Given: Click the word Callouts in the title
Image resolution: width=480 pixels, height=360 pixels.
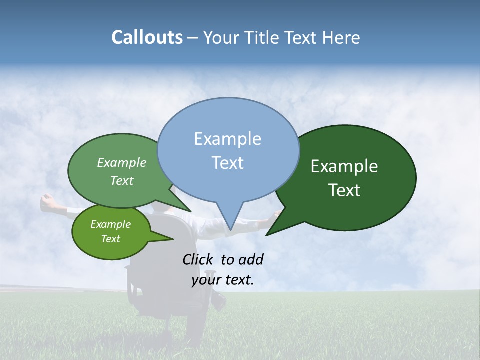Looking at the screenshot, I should pos(147,37).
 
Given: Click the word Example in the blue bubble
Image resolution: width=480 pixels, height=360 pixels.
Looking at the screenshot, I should pos(227,139).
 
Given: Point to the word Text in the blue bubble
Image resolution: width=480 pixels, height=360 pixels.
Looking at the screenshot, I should pos(227,163).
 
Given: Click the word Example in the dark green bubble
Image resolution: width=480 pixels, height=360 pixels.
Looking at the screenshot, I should pos(344,166).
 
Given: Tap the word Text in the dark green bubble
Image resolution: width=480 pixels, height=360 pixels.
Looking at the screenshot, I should pos(344,190).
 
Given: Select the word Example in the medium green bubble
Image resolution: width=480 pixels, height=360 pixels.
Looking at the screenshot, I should pos(122,163).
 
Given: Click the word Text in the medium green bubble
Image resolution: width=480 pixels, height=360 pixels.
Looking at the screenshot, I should pos(122,180).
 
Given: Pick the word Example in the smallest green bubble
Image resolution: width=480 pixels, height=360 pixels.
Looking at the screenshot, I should pos(111,224).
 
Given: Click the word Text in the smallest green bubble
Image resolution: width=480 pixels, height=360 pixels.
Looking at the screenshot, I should pos(111,239).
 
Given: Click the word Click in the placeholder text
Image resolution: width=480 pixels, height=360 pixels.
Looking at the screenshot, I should pos(197,259).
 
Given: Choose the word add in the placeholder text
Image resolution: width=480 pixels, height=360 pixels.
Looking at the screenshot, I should pos(251,259).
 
